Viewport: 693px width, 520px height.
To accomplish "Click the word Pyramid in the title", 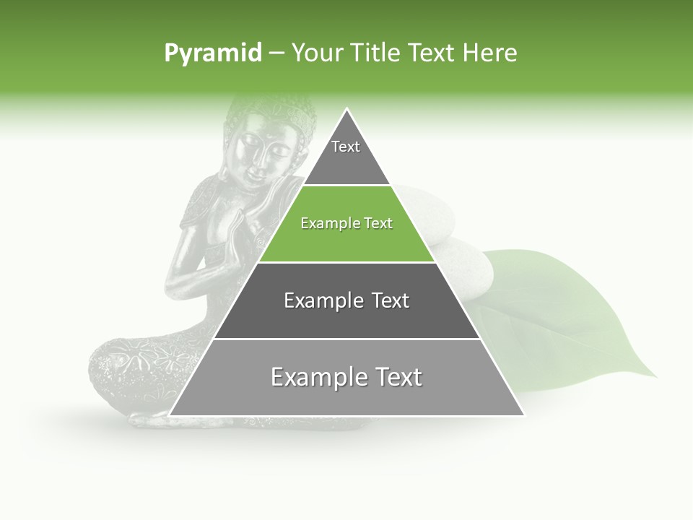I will pos(212,53).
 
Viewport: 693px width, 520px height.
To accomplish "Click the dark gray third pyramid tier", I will pos(346,300).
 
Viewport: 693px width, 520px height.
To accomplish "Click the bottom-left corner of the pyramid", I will pos(170,415).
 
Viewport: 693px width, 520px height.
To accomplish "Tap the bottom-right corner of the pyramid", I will pos(523,415).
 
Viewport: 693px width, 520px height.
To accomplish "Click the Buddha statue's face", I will pos(260,155).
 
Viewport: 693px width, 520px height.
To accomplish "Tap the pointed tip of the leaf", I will pos(655,376).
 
